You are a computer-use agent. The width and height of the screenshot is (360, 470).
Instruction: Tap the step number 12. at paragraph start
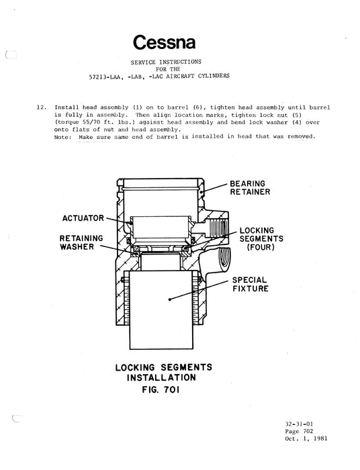coord(40,107)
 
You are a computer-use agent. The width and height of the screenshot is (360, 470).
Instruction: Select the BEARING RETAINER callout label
coord(249,187)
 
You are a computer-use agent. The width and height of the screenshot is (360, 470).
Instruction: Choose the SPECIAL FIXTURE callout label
coord(249,284)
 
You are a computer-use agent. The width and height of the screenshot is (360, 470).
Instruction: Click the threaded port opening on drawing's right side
coord(222,258)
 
